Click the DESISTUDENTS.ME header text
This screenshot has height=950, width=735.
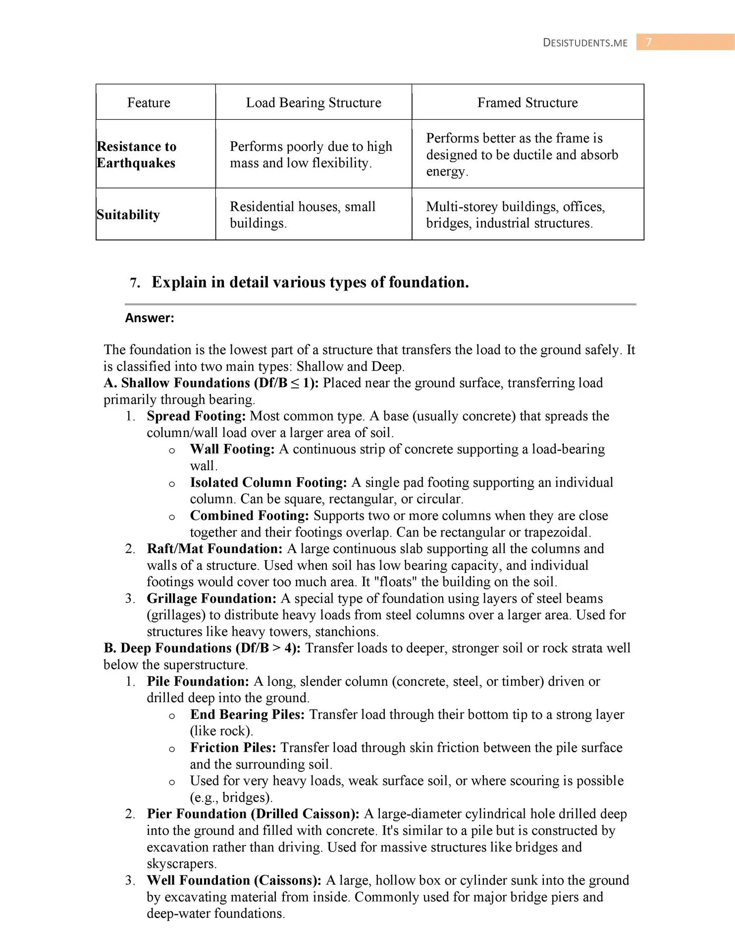[585, 43]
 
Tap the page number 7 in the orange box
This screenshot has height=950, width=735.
[648, 43]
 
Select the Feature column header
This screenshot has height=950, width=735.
[149, 102]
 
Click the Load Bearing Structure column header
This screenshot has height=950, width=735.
[314, 102]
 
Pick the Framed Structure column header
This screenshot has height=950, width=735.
[527, 102]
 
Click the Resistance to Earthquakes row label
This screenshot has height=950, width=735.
[136, 154]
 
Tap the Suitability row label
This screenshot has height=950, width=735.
[128, 215]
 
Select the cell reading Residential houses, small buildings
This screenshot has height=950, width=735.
[303, 215]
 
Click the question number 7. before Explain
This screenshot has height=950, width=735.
[135, 283]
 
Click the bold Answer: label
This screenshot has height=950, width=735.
[150, 318]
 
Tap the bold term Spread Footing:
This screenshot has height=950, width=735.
[196, 416]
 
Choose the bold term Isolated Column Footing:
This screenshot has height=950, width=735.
[268, 482]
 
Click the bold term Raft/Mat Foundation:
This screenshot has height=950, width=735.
[214, 549]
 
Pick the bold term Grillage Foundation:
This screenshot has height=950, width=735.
[211, 599]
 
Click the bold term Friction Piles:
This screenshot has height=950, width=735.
[233, 748]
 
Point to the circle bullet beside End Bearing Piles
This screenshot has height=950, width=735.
[172, 716]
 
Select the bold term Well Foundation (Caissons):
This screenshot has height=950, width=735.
[234, 880]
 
